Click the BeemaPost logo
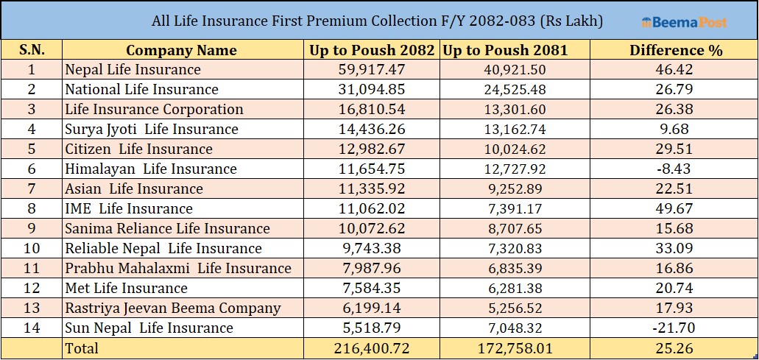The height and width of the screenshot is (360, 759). click(684, 22)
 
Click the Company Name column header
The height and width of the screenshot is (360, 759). click(181, 50)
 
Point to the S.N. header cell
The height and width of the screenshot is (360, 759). click(32, 50)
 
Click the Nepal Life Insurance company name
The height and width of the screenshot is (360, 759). click(133, 70)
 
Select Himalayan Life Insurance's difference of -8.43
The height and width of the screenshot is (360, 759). click(674, 169)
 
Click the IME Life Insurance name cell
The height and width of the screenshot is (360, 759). click(129, 209)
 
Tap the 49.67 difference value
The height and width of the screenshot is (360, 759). click(674, 209)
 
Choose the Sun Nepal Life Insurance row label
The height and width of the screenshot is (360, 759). click(149, 328)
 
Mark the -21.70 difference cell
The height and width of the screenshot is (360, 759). click(674, 328)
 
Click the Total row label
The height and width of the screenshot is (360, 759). click(82, 348)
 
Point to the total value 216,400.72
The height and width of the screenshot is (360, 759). click(372, 348)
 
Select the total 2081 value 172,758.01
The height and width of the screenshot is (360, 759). click(515, 348)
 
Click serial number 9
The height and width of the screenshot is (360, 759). click(32, 229)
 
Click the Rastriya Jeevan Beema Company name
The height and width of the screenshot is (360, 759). click(173, 308)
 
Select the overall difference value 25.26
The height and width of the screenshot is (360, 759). click(674, 348)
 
